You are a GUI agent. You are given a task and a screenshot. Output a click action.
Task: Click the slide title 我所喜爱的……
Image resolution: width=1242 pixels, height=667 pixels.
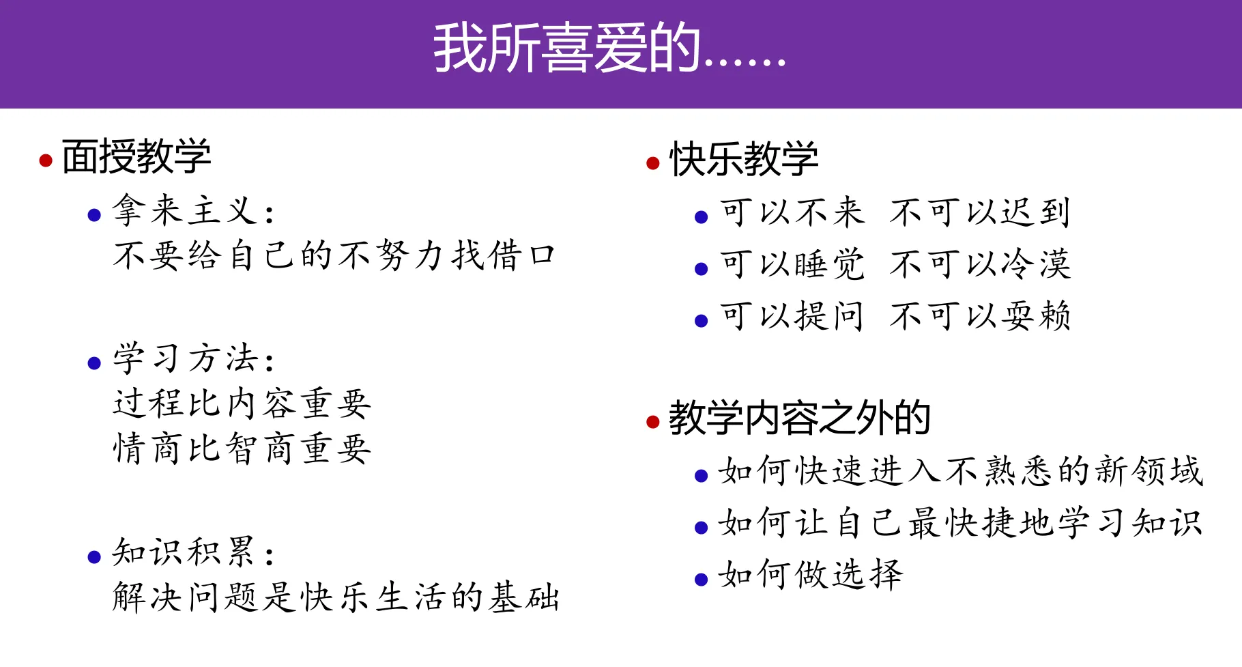(609, 49)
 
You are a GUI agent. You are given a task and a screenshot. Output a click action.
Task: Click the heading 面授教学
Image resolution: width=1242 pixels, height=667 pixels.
(136, 156)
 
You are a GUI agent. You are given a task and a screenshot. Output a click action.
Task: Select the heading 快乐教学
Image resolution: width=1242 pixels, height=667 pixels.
(744, 159)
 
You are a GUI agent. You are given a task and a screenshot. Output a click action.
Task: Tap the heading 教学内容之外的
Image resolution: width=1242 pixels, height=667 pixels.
(799, 418)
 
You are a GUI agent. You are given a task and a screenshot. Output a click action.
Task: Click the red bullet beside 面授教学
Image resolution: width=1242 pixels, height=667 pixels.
(46, 161)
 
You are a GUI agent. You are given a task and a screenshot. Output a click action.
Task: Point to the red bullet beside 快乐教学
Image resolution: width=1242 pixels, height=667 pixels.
(653, 163)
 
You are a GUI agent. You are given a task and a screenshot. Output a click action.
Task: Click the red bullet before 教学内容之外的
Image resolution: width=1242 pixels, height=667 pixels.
(653, 422)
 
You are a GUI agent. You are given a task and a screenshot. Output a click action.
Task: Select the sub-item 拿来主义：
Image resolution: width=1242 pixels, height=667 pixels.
(193, 210)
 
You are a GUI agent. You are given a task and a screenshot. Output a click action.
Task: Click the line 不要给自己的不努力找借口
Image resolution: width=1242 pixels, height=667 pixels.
(334, 256)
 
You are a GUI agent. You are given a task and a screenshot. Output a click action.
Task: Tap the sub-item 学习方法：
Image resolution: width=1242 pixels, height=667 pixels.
(193, 358)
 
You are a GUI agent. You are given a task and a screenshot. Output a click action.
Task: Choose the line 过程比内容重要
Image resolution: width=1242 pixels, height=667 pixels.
(242, 403)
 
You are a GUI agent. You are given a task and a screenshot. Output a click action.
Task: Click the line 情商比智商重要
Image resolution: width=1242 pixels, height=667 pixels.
(242, 449)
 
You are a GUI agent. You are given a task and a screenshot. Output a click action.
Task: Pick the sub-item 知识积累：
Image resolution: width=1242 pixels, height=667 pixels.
(193, 552)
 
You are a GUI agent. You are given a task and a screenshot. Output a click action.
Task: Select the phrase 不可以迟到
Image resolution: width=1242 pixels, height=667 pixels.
(980, 212)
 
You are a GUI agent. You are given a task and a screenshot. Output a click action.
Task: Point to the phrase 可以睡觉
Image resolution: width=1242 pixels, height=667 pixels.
(792, 264)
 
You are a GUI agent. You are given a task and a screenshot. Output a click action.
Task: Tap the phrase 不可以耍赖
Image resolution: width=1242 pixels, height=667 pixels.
(980, 316)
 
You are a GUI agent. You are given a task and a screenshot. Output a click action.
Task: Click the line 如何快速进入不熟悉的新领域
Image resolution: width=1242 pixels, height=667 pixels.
(959, 471)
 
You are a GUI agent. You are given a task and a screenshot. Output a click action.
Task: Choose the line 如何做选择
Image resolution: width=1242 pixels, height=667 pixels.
(810, 575)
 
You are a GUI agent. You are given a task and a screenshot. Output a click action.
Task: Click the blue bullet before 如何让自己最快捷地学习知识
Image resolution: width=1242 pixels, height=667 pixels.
(701, 528)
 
